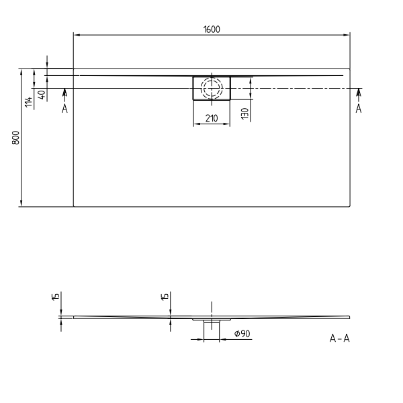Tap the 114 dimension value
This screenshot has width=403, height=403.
point(28,101)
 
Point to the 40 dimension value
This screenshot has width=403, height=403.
point(42,95)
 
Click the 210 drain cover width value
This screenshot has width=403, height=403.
point(212,119)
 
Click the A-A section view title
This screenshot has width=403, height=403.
point(339,339)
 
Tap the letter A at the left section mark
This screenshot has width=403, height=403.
point(64,109)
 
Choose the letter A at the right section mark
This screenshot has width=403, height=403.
point(358,109)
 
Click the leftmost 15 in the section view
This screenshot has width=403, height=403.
point(56,298)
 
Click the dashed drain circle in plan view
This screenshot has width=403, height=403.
point(212,88)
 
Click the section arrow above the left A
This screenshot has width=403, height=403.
point(64,93)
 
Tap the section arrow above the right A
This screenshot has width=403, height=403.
point(358,93)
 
